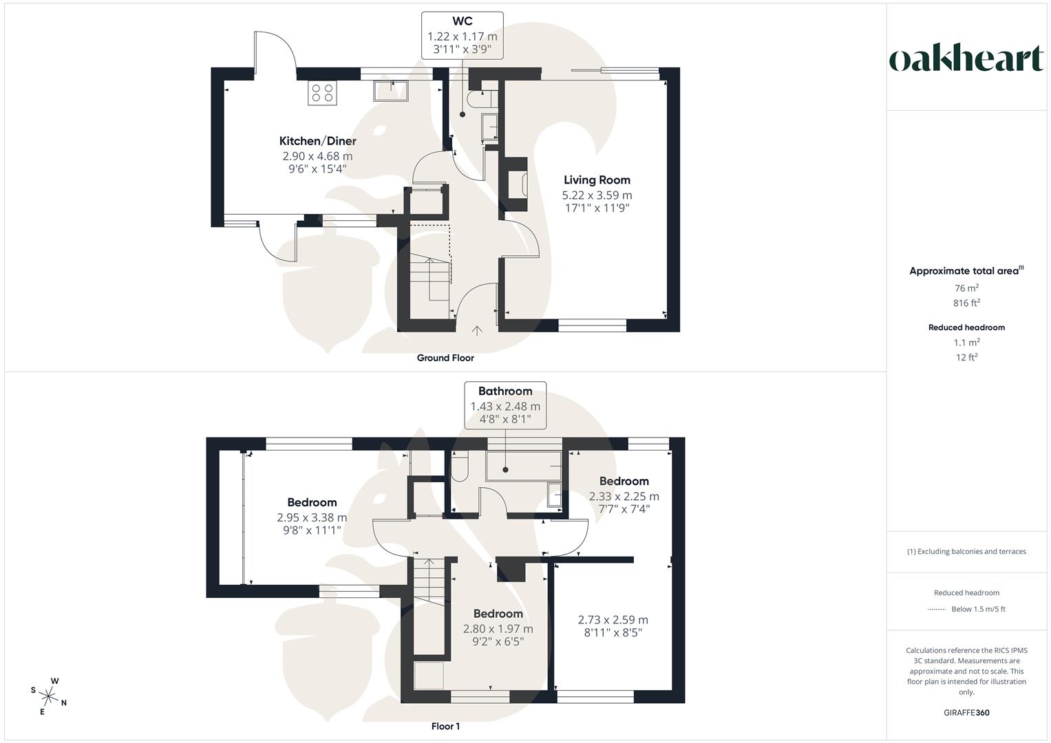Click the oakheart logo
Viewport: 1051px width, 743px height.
tap(966, 59)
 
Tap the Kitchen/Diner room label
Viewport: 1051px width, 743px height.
tap(317, 141)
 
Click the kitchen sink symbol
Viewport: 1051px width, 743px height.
tap(391, 90)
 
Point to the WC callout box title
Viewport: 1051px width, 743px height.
tap(462, 22)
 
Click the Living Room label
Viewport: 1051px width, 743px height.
tap(597, 180)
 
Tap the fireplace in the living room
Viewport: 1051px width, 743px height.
tap(517, 184)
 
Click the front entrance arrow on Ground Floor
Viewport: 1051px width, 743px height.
tap(477, 331)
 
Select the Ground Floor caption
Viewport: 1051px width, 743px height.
tap(445, 358)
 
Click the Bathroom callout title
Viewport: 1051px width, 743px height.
tap(505, 391)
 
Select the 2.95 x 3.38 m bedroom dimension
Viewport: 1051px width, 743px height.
tap(312, 517)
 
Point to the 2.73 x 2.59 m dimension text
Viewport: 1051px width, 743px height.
tap(613, 620)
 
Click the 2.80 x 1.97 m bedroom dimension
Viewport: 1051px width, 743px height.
tap(498, 629)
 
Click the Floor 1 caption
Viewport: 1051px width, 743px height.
tap(445, 726)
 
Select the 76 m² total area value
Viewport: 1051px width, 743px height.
tap(966, 288)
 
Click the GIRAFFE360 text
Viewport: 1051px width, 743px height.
tap(966, 713)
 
